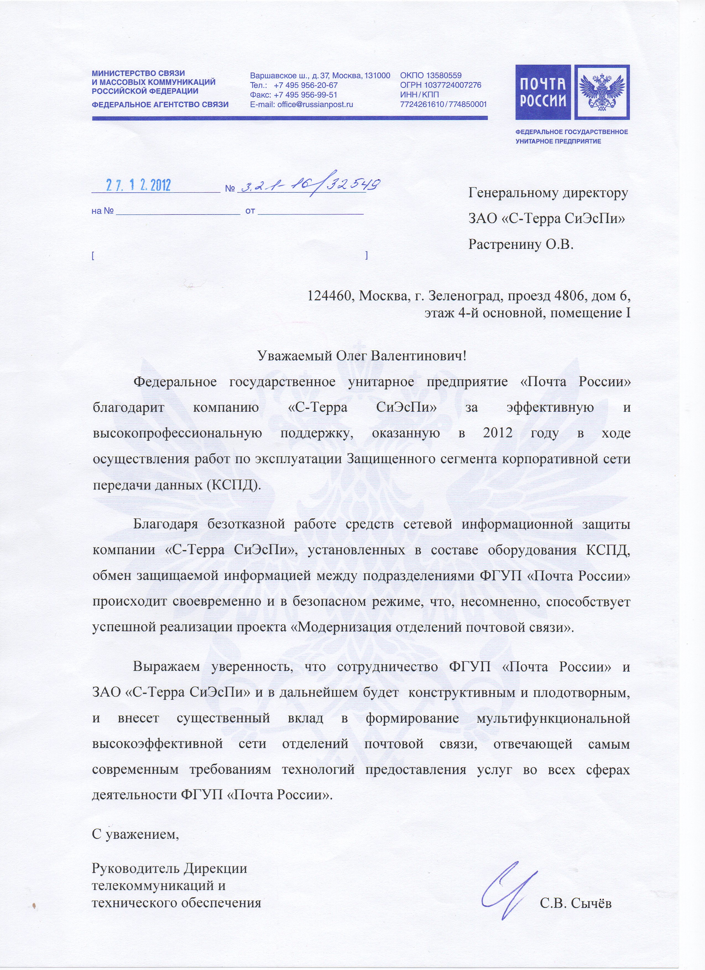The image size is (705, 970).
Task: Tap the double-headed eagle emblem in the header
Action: click(x=602, y=92)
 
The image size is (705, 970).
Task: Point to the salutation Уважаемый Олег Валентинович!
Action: click(x=361, y=355)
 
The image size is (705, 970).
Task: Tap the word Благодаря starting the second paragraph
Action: click(x=166, y=524)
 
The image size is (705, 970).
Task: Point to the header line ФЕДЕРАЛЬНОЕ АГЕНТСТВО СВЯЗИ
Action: click(x=160, y=104)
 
